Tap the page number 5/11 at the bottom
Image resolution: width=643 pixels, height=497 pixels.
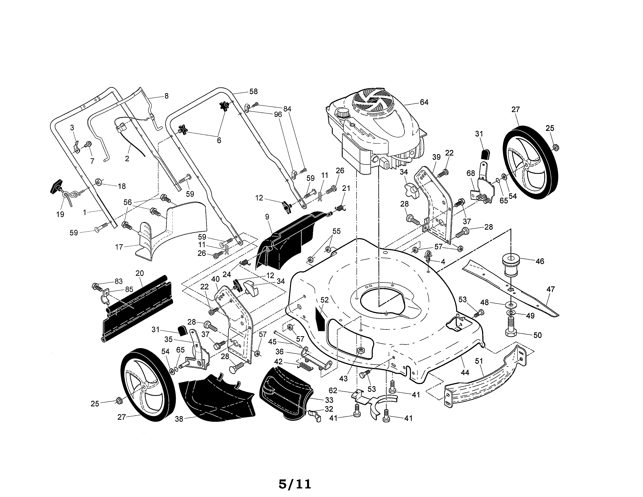click(x=295, y=468)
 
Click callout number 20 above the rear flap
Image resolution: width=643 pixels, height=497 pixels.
click(x=140, y=273)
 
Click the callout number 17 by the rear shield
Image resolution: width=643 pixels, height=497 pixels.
click(x=119, y=247)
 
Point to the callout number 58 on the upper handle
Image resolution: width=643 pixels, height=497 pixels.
click(x=253, y=92)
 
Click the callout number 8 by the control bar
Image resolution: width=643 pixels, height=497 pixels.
click(x=166, y=96)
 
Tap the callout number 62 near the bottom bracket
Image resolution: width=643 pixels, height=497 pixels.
click(x=333, y=391)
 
